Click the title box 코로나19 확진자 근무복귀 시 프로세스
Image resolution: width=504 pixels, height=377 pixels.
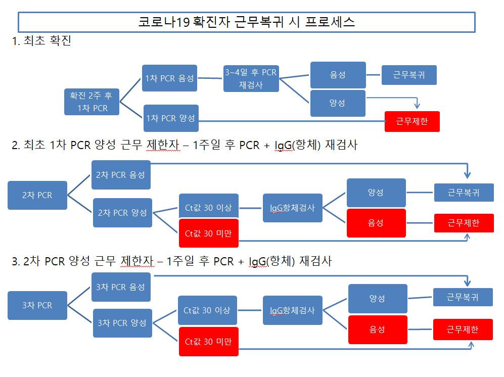246,22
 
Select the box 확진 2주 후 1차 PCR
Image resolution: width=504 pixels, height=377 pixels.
92,102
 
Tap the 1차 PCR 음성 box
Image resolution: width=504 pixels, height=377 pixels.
169,78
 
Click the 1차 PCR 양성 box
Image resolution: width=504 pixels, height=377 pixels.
171,118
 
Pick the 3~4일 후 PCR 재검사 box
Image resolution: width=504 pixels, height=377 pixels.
251,78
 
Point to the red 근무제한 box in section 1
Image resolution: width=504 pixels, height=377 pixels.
412,122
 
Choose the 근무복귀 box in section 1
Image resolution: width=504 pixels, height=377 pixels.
409,75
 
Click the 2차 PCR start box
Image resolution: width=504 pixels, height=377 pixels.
37,195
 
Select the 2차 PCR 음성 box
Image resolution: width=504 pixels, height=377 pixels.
121,175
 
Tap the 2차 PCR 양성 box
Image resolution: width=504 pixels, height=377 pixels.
122,212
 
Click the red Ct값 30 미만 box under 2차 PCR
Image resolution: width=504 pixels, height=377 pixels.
208,233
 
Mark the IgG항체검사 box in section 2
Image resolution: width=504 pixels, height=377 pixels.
293,207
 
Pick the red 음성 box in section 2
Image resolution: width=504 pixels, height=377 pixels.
376,223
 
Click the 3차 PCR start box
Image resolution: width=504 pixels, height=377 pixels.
37,305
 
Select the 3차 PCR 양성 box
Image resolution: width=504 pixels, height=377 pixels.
122,323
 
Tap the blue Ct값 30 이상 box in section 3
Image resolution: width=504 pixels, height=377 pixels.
207,310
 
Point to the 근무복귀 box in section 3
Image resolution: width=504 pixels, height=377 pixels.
463,297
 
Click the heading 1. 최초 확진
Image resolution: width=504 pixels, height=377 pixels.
42,41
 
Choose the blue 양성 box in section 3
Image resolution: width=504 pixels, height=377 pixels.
378,299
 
